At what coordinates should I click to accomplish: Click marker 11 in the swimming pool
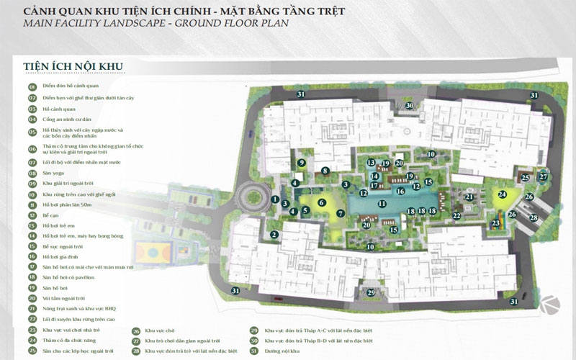pyautogui.click(x=382, y=204)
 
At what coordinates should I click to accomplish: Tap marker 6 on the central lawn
pyautogui.click(x=322, y=202)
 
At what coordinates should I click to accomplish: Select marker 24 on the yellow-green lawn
pyautogui.click(x=503, y=194)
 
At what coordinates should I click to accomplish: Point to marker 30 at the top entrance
pyautogui.click(x=409, y=106)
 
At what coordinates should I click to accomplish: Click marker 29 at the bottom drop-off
pyautogui.click(x=371, y=293)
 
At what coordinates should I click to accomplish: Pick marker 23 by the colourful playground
pyautogui.click(x=495, y=224)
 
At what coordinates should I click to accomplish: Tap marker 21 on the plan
pyautogui.click(x=469, y=197)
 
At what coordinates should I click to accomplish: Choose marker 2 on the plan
pyautogui.click(x=274, y=235)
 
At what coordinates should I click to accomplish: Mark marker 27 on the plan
pyautogui.click(x=544, y=176)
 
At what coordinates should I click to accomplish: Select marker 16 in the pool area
pyautogui.click(x=401, y=192)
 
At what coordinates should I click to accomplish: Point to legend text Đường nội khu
pyautogui.click(x=284, y=351)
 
